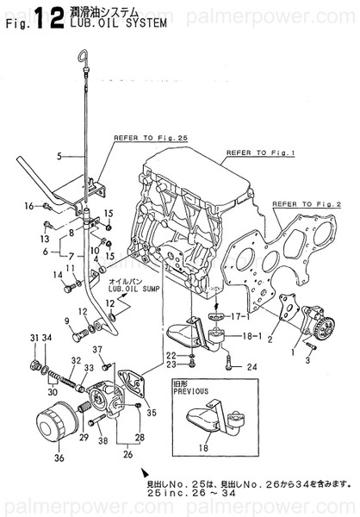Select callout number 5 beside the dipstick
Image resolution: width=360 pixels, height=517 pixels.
click(x=58, y=156)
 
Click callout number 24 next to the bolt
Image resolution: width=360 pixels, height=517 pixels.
click(x=252, y=366)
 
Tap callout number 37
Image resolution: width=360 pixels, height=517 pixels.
click(x=97, y=349)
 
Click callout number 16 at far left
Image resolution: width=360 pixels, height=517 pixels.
click(x=28, y=205)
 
